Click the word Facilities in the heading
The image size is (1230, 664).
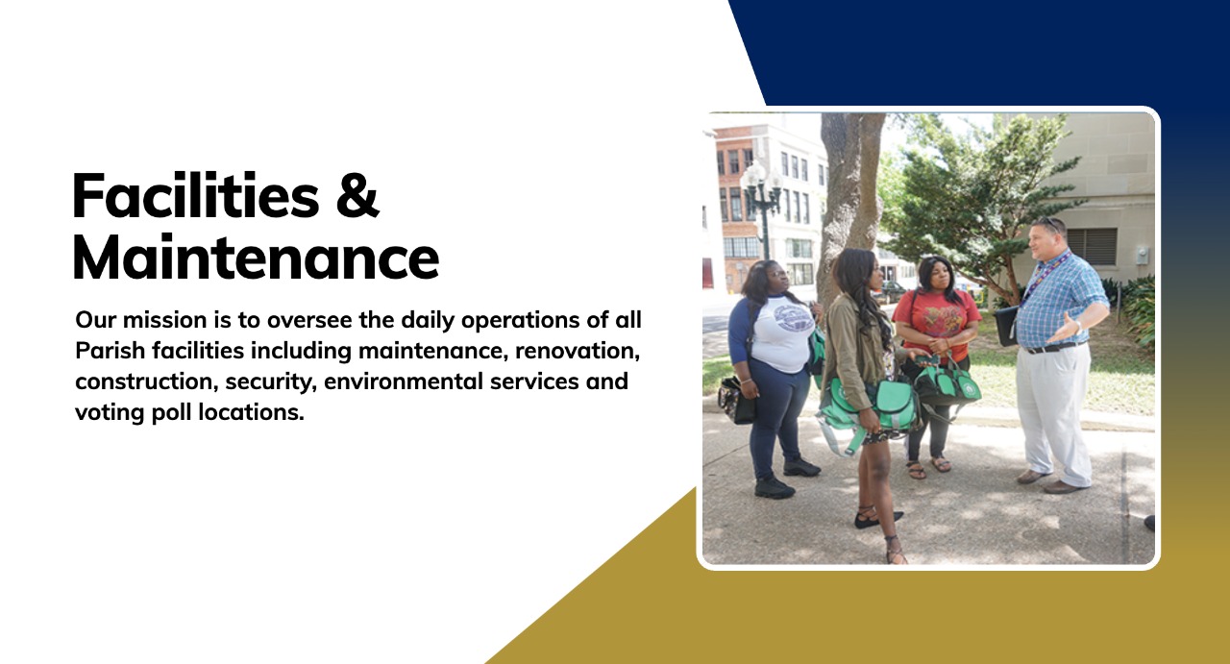click(x=195, y=195)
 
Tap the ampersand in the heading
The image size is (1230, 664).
click(x=357, y=195)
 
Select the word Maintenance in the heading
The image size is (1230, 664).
click(x=256, y=258)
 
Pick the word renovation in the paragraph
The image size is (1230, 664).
click(x=578, y=351)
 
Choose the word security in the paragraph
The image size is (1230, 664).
click(x=271, y=382)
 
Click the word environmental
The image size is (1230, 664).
click(x=404, y=381)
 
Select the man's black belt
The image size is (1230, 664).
click(x=1055, y=347)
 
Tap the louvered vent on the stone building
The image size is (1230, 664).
click(x=1093, y=247)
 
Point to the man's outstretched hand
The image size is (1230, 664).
click(x=1066, y=330)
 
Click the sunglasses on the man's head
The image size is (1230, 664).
click(x=1050, y=223)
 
